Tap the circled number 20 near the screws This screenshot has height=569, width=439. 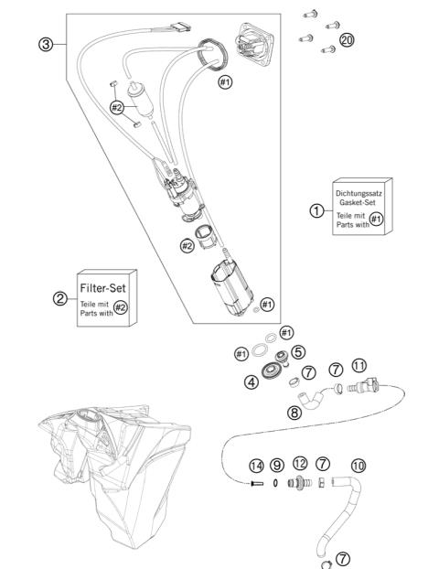point(347,40)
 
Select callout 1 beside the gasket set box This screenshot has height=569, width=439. point(316,209)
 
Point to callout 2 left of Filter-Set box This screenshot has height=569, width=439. point(59,298)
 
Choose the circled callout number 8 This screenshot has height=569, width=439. point(294,413)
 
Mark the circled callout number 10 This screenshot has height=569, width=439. point(358,466)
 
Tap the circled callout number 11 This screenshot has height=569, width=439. point(359,365)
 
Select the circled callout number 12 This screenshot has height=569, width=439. point(300,466)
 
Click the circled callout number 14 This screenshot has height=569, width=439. point(257,466)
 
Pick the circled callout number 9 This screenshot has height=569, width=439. point(277,466)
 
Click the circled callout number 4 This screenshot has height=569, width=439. point(251,382)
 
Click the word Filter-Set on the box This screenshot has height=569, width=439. point(109,287)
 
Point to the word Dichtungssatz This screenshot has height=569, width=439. point(360,193)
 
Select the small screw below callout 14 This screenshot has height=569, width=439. point(256,484)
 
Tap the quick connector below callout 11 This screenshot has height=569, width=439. point(360,390)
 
